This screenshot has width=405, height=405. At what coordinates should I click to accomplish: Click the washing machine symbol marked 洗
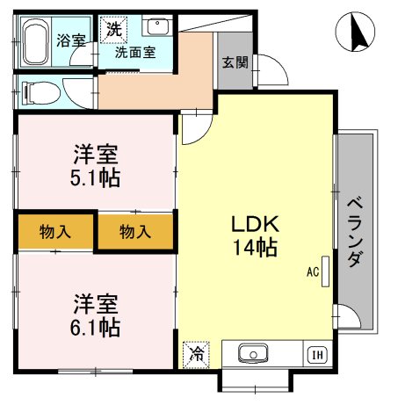click(x=114, y=29)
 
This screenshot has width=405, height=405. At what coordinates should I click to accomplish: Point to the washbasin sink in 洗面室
click(x=157, y=26)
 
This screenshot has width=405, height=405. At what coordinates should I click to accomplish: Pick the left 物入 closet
click(x=54, y=232)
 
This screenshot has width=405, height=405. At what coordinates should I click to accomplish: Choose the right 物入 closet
click(x=135, y=232)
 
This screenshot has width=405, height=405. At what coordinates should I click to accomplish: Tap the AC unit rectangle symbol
click(x=326, y=271)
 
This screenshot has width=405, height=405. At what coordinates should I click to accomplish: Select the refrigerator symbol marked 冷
click(x=197, y=355)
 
